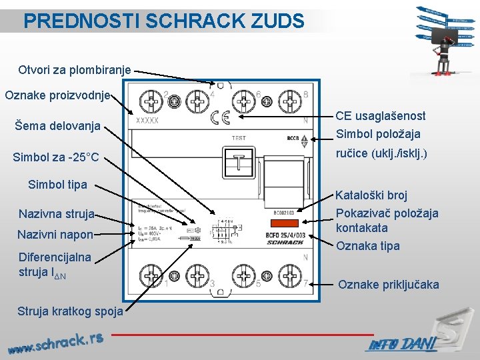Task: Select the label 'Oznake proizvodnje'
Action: [x=58, y=95]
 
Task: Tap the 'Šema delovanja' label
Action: [x=57, y=125]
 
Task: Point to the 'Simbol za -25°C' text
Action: [x=56, y=157]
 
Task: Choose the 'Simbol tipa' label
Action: [x=57, y=185]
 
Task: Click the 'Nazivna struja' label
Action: [x=57, y=214]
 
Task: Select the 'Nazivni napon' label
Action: [x=55, y=235]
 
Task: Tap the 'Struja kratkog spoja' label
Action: [x=70, y=311]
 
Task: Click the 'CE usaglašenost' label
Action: [x=381, y=116]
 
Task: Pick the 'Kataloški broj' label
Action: [x=371, y=195]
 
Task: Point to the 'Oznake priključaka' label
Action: [x=389, y=285]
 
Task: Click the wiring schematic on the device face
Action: [x=223, y=230]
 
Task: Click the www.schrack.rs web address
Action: [x=56, y=342]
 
